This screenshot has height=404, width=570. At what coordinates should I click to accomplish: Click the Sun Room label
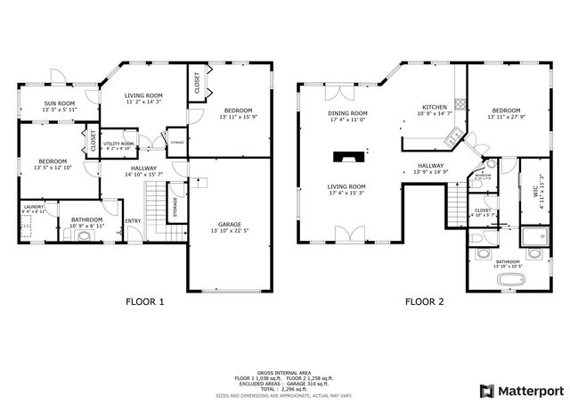61,103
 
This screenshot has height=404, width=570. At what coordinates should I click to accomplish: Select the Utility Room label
118,143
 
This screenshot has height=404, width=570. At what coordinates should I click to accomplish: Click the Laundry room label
33,207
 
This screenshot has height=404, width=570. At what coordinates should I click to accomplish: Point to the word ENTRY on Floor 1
133,221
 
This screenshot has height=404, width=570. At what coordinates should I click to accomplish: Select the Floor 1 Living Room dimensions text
142,103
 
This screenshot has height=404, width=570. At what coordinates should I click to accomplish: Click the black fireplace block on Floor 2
344,158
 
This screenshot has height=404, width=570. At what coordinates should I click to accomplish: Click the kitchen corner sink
452,136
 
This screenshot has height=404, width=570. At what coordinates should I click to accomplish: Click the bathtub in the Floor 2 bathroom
513,282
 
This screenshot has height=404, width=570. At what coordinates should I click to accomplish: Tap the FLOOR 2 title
424,301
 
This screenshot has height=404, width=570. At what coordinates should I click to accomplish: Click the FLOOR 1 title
144,301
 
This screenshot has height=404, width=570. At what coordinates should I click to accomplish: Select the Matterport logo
522,391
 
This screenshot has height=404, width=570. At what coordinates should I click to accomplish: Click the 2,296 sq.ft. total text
298,388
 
